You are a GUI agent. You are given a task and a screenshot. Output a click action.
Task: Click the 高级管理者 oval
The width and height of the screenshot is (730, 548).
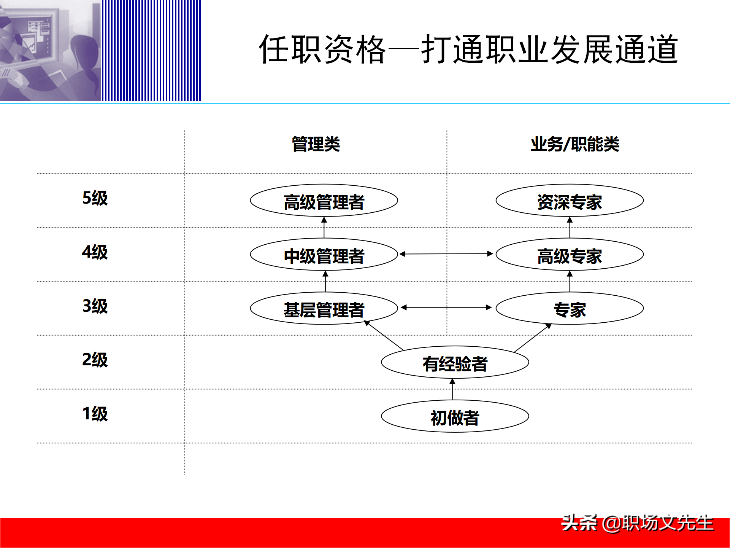coord(324,201)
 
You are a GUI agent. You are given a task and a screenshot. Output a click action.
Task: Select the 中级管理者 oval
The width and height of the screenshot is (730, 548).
coord(324,255)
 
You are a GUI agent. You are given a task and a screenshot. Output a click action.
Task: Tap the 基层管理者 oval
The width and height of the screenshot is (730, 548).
coord(324,309)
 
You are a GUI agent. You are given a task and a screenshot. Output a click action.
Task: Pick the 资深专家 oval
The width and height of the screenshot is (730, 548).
coord(570,201)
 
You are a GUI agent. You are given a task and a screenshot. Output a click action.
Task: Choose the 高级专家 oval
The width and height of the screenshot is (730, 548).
coord(570,255)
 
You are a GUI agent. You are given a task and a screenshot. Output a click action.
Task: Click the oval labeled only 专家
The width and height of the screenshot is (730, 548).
coord(570,309)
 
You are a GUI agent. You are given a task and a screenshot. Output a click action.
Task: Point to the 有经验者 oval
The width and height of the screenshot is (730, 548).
coord(455,363)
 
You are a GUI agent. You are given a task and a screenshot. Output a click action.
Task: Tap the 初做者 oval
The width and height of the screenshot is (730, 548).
coord(455,417)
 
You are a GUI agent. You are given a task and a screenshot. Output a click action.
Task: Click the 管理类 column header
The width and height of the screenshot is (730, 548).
coord(316,144)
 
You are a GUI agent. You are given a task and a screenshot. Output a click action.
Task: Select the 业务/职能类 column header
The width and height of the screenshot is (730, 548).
coord(575,144)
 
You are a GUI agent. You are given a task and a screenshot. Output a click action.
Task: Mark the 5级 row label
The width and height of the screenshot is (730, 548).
coord(95,198)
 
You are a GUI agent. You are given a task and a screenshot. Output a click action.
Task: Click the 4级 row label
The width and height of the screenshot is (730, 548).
coord(95,252)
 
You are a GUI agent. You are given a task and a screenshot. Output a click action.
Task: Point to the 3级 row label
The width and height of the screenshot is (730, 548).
coord(95,306)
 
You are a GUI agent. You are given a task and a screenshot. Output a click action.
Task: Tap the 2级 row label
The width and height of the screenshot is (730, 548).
coord(95,360)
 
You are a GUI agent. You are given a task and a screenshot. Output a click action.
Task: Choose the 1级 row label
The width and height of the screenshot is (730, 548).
coord(95,414)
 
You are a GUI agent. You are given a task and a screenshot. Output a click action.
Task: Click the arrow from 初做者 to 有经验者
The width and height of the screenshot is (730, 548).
coord(452,389)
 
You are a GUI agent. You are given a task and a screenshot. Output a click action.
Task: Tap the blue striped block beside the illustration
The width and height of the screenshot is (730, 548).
coord(151,50)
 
